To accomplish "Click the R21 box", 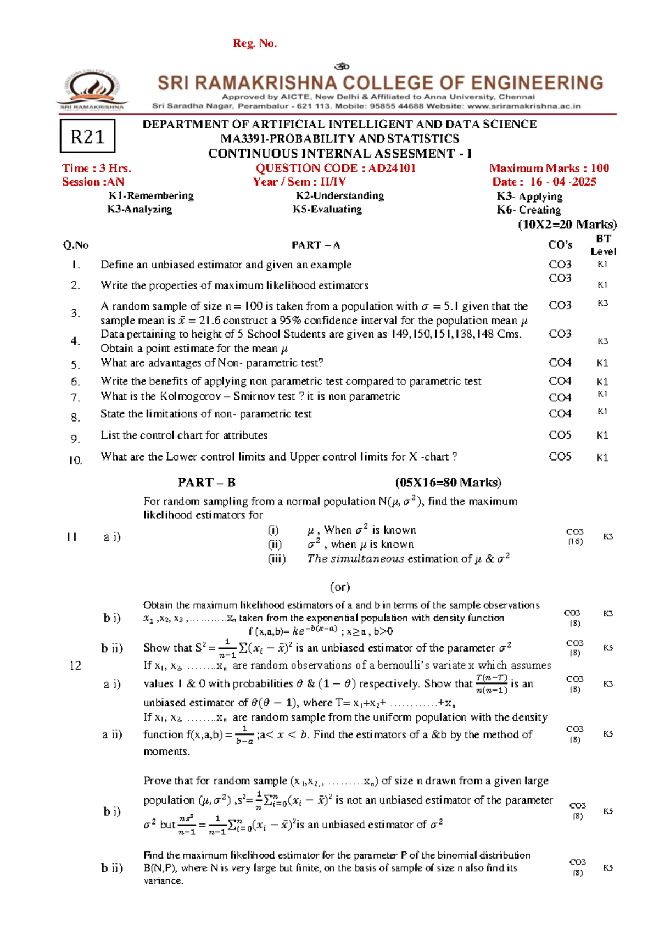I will coord(87,136).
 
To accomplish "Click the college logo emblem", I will coord(92,89).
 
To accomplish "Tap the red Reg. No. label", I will coord(255,43).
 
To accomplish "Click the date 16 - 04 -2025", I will coord(563,182).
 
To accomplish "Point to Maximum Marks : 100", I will coord(549,169).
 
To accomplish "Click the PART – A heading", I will coord(316,245).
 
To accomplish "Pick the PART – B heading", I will coord(206,483).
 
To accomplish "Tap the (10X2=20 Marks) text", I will coord(567,225).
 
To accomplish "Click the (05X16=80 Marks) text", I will coord(448,483).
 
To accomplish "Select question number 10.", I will coord(76,461).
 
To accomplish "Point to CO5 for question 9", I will coord(560,435).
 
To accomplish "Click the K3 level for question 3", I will coord(602,303).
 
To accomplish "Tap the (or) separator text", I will coord(340,587).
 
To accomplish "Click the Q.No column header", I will coord(76,245).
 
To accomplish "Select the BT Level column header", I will coord(603,245).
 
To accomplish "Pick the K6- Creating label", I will coord(529,210).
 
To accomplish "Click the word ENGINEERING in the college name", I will coord(537,83).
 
